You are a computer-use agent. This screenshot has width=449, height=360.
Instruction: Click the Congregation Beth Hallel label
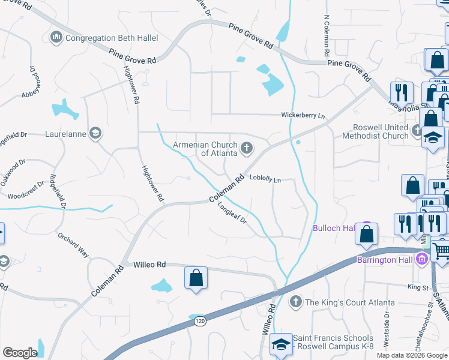(x=112, y=38)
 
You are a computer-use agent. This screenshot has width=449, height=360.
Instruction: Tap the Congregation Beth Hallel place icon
(x=57, y=38)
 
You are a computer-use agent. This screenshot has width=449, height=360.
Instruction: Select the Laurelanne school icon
(x=95, y=133)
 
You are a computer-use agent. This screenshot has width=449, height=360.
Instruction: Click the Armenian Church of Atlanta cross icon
(x=246, y=148)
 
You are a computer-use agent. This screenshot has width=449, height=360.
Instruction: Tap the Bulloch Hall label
(x=332, y=228)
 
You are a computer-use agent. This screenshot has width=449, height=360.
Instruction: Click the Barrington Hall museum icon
(x=422, y=259)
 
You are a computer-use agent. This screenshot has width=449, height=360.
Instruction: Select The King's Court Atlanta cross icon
(x=295, y=301)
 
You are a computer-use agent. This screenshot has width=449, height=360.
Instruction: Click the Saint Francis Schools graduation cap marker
(x=280, y=344)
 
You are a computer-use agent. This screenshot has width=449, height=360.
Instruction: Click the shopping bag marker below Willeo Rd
(x=196, y=278)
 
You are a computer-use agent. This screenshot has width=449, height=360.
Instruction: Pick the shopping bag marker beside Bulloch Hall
(x=366, y=233)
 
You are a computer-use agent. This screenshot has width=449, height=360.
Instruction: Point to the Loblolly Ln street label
(x=265, y=179)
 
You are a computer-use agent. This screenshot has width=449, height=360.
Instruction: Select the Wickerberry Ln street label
(x=303, y=115)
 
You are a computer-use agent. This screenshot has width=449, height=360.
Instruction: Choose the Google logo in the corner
(x=19, y=353)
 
